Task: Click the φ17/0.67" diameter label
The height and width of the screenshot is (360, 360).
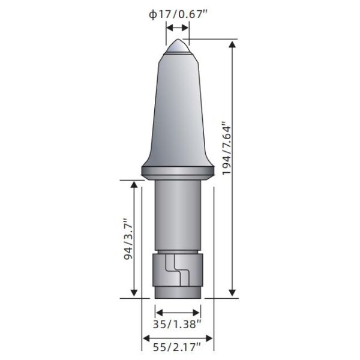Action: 178,14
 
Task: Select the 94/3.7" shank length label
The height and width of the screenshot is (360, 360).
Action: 129,239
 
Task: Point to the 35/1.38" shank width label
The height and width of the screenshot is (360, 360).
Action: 177,324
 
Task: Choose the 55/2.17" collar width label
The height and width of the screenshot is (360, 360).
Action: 177,347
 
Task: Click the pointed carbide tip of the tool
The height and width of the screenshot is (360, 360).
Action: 178,46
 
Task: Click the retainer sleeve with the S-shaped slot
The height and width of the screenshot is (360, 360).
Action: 178,270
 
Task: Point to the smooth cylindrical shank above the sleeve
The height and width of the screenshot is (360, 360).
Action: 178,215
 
